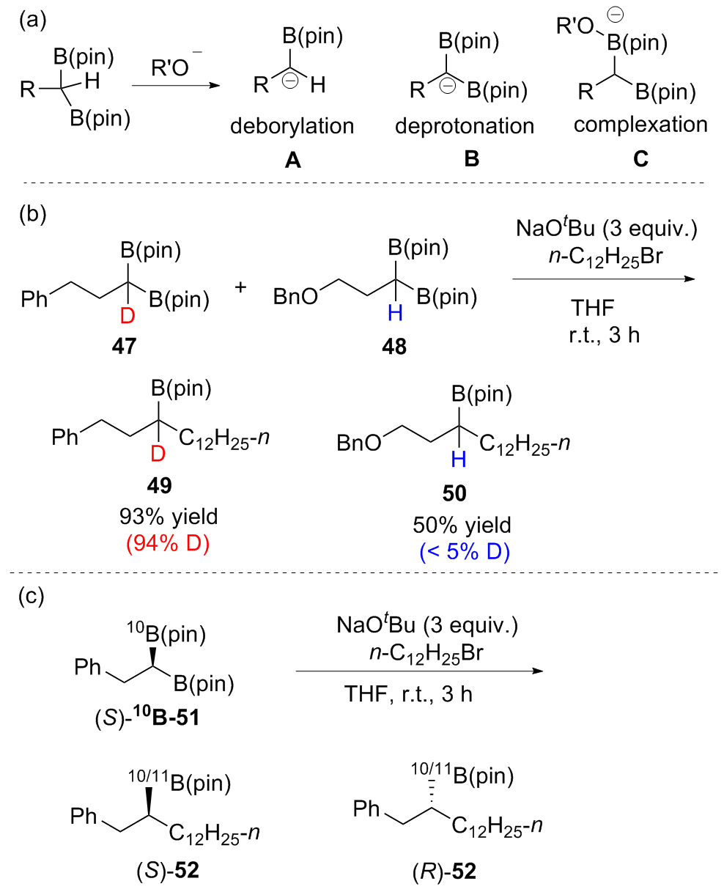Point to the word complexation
[x=640, y=125]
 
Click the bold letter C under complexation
[x=640, y=159]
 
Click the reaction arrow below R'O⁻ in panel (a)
[x=175, y=86]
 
